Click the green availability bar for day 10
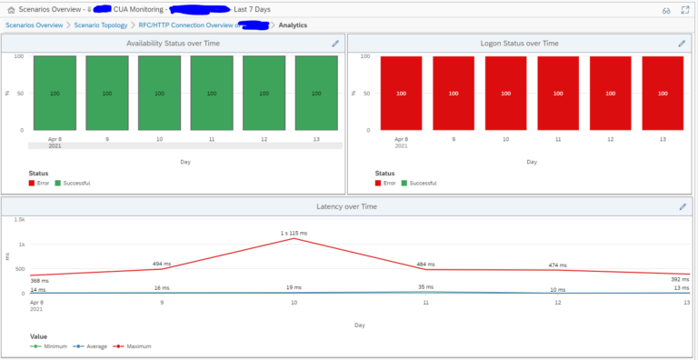(x=159, y=93)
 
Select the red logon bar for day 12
(x=610, y=93)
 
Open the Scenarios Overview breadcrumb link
(x=35, y=25)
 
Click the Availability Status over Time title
(x=172, y=43)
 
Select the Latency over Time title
(x=347, y=206)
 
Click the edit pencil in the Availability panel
(x=335, y=43)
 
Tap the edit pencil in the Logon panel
(x=683, y=43)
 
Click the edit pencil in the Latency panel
(x=683, y=206)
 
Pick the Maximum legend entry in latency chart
(x=135, y=346)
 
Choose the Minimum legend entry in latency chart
(x=50, y=346)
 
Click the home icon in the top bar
(x=11, y=9)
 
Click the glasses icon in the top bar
(x=664, y=9)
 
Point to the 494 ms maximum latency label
(x=162, y=264)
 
